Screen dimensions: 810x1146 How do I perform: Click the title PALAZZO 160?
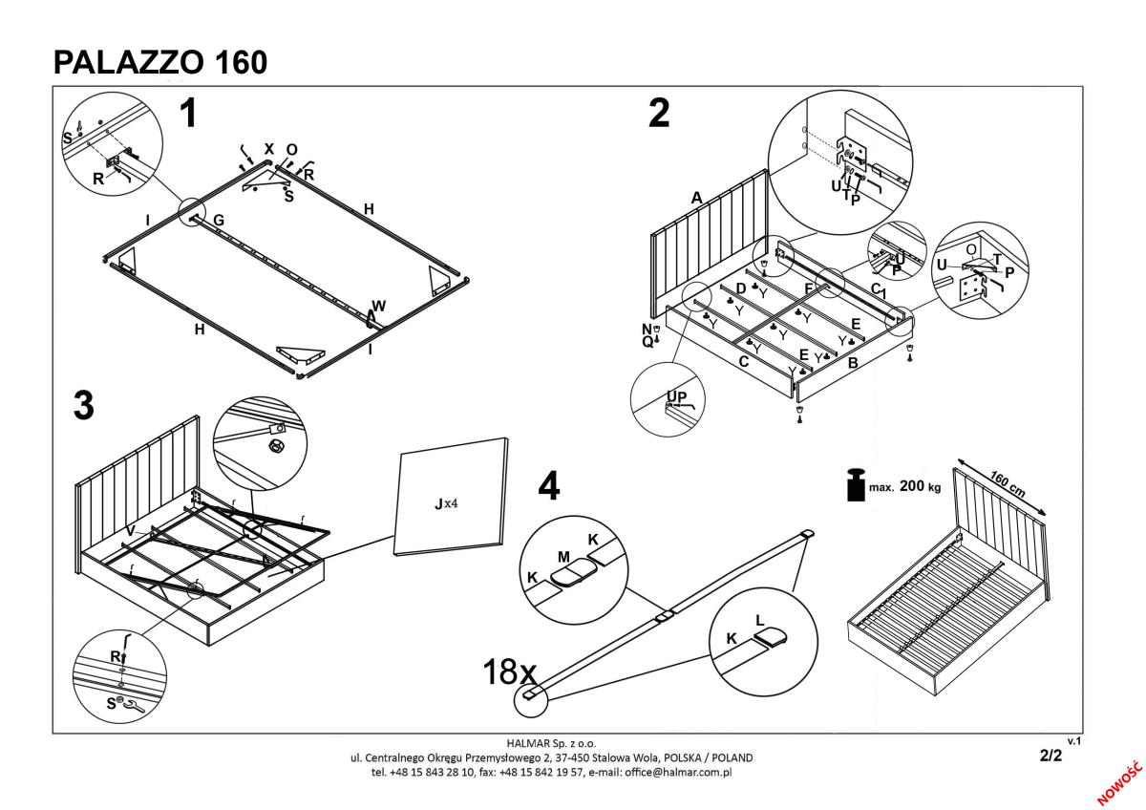[160, 62]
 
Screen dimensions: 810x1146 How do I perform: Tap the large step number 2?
[658, 114]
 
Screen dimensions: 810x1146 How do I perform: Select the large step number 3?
[84, 406]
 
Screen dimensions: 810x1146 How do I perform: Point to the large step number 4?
[548, 486]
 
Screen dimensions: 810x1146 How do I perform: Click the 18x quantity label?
[510, 671]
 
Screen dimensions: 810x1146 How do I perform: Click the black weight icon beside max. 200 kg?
[856, 485]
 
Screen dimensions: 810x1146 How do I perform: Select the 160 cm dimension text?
[1007, 485]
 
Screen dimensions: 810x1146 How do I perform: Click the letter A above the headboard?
[697, 198]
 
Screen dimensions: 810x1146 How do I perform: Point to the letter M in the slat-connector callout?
[564, 556]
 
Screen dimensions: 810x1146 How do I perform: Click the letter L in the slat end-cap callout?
[760, 620]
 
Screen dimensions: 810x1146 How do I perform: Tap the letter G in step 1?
[219, 221]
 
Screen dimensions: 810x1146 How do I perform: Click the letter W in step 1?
[379, 307]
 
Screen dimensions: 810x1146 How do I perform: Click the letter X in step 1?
[268, 149]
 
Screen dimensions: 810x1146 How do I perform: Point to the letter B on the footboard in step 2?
[853, 364]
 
